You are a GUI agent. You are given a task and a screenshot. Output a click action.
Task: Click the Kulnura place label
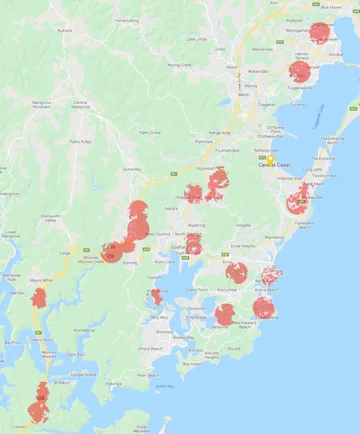[x=67, y=30]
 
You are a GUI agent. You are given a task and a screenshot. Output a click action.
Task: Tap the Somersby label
[x=131, y=169]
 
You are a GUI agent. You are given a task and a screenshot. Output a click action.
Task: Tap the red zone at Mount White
[x=39, y=298]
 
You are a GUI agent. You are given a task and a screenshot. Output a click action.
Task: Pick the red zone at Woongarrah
[x=320, y=32]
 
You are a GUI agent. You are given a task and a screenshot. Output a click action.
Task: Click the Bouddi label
[x=234, y=349]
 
